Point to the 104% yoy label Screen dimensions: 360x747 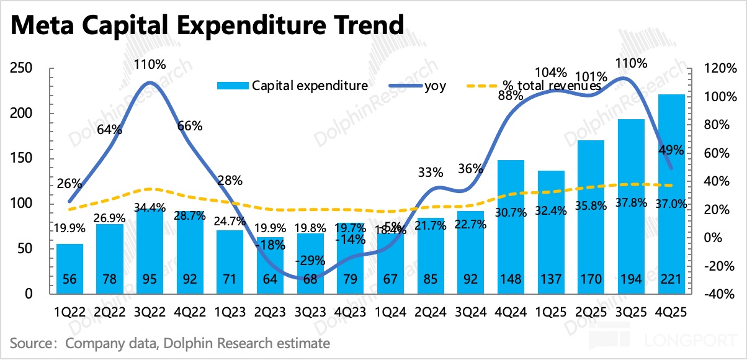(x=552, y=71)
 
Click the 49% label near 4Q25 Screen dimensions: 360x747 (x=671, y=150)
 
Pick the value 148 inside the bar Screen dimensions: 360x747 (x=511, y=279)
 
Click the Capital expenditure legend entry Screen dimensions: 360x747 (x=292, y=86)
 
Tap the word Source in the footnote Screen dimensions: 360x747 (x=29, y=343)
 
